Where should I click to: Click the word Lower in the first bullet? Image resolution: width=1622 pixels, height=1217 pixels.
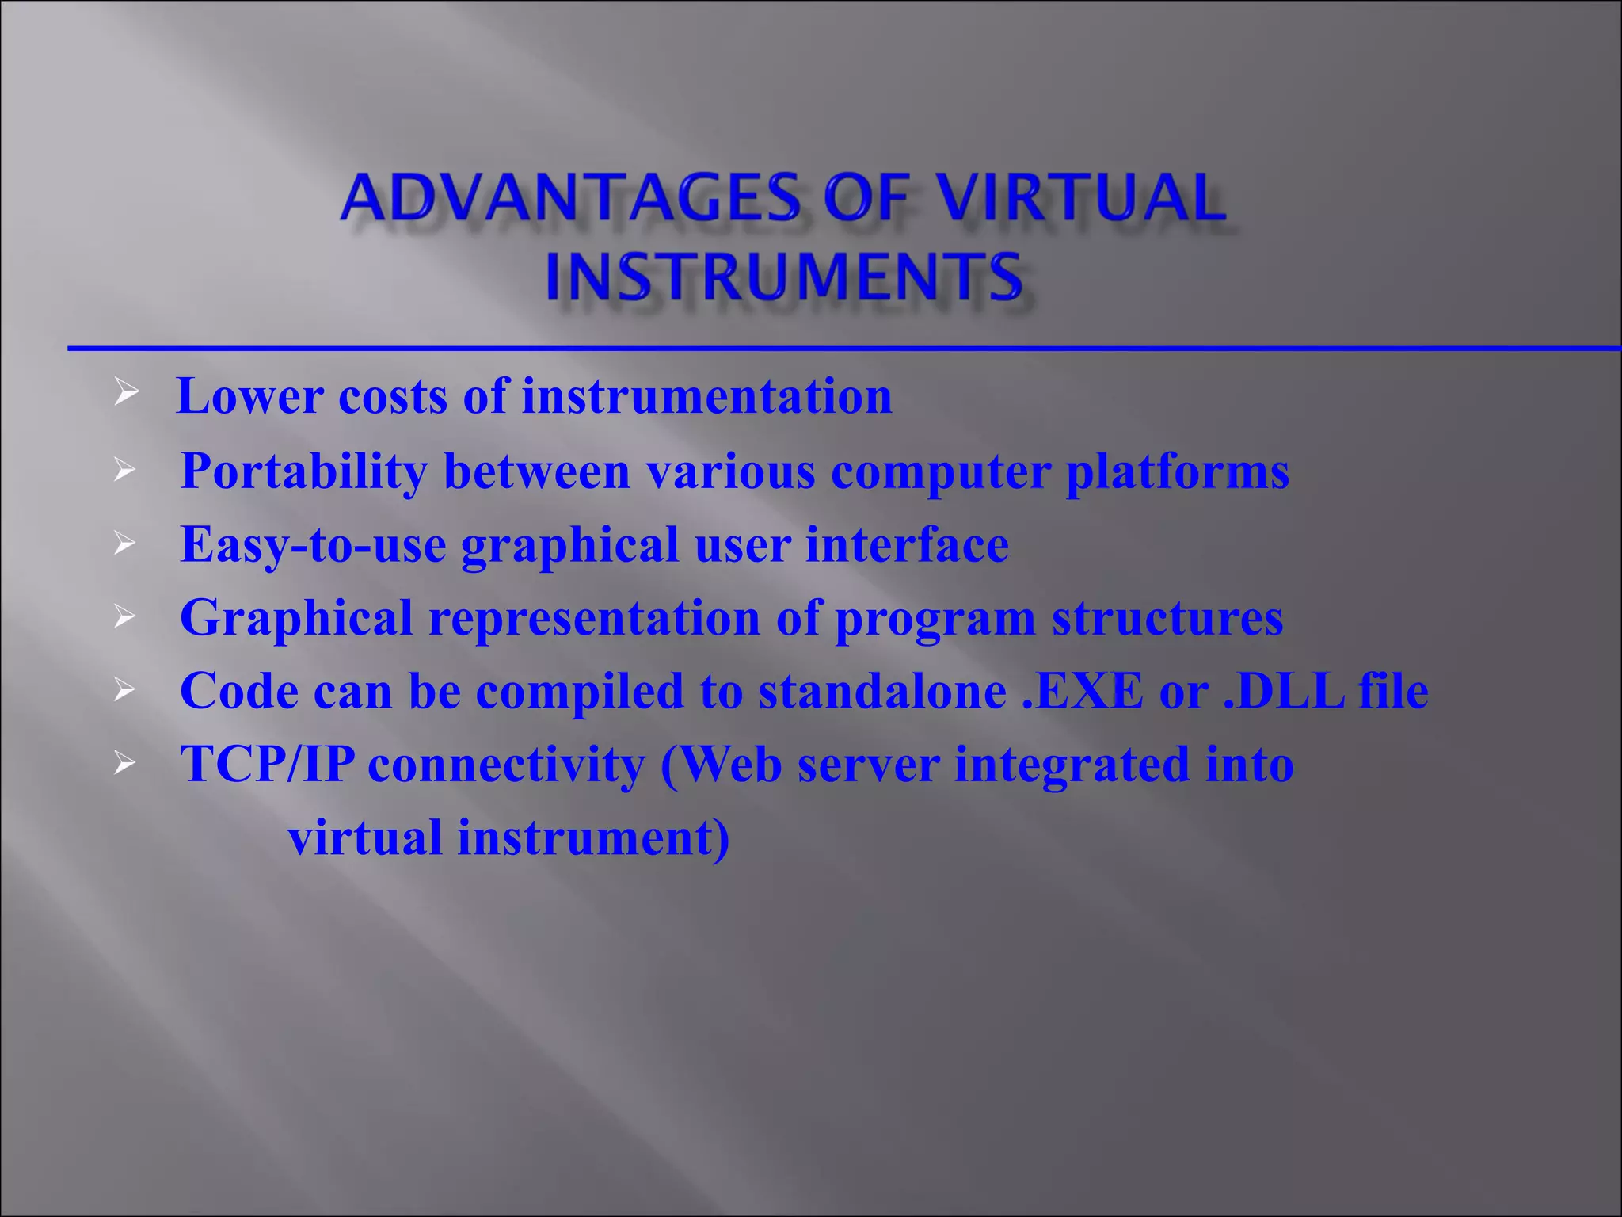click(249, 396)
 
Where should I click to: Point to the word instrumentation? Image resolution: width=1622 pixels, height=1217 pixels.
click(706, 396)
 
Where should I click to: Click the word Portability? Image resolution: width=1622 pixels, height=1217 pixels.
click(303, 471)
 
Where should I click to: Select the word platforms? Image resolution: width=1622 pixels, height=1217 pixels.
click(1178, 471)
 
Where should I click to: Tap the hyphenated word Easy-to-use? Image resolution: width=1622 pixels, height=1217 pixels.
click(313, 546)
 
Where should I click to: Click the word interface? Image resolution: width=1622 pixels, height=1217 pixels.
click(907, 545)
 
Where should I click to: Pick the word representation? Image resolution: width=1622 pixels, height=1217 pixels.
click(594, 619)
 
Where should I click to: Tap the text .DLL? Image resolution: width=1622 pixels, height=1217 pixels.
click(1283, 691)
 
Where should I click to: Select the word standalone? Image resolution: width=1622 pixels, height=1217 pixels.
click(881, 691)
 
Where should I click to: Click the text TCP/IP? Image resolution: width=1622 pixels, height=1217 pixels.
click(267, 765)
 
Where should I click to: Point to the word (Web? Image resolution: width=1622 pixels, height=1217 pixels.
click(721, 765)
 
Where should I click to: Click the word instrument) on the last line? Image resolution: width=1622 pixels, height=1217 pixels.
click(593, 837)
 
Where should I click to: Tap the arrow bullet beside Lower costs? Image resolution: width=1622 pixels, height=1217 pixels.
click(126, 391)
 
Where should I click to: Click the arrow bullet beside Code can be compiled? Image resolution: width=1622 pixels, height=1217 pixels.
click(125, 690)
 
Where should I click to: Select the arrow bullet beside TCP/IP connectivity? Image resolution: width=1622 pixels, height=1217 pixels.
click(125, 764)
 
